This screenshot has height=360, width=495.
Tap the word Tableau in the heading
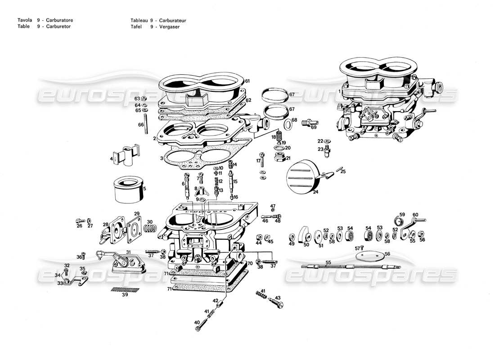(x=139, y=20)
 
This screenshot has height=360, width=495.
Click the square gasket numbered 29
(x=134, y=228)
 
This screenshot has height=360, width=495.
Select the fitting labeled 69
(x=310, y=121)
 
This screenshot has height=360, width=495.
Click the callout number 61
(x=247, y=81)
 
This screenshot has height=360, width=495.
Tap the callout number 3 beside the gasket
(x=162, y=158)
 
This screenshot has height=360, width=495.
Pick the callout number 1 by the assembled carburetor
(x=339, y=91)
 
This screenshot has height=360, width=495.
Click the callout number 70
(x=249, y=263)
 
